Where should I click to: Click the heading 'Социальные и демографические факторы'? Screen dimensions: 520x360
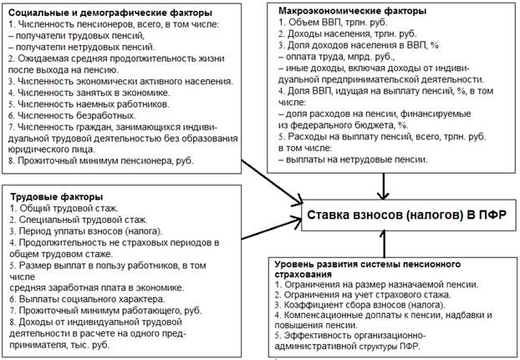tap(110, 13)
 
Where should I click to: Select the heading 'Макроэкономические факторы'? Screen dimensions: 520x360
tap(352, 11)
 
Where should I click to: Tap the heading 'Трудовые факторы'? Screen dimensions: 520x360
tap(57, 197)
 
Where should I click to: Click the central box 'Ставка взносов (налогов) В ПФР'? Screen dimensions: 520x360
tap(409, 215)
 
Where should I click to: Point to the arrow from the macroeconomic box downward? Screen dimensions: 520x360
tap(384, 186)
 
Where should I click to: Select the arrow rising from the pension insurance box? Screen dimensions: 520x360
tap(384, 244)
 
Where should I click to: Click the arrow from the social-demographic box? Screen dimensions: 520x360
tap(272, 182)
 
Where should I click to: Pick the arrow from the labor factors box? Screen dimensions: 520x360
tap(272, 228)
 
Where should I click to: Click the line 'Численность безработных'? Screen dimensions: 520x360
tap(72, 115)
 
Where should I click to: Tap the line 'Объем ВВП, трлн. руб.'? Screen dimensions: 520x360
tap(333, 23)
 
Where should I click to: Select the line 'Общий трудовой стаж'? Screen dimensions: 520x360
tap(64, 208)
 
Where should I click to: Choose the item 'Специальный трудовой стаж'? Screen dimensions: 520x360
tap(79, 220)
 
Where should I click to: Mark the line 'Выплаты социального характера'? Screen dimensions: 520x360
tap(87, 299)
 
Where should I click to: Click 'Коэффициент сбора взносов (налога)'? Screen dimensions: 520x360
tap(359, 305)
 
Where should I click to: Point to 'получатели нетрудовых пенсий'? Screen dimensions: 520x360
tap(82, 47)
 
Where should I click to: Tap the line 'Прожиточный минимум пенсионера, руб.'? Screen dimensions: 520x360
tap(101, 161)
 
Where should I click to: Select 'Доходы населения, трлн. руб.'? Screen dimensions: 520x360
tap(348, 33)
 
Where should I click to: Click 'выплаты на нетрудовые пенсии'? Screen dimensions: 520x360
tap(353, 160)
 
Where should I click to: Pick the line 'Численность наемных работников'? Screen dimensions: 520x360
tap(89, 104)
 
